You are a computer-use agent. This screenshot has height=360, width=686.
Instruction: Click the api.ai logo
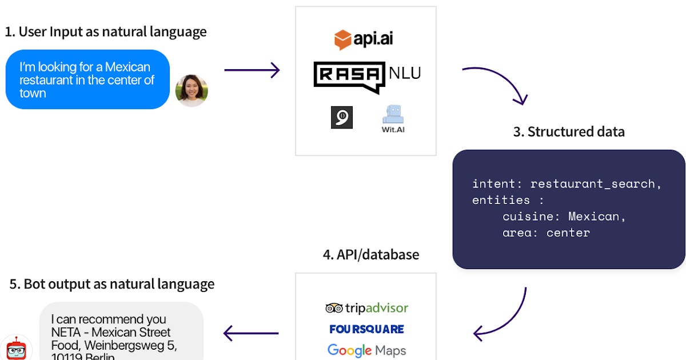[x=364, y=39]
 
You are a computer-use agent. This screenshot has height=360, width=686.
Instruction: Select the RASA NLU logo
[x=367, y=77]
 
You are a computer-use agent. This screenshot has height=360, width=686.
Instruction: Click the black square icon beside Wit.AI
[x=341, y=117]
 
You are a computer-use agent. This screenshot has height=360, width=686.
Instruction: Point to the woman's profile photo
[x=192, y=91]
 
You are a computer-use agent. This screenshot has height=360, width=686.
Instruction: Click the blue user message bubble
[x=87, y=80]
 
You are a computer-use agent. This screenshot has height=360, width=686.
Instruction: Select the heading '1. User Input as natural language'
[x=106, y=32]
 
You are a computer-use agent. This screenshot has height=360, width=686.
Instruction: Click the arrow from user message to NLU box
[x=252, y=70]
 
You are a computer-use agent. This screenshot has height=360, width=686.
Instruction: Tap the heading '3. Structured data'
[x=568, y=132]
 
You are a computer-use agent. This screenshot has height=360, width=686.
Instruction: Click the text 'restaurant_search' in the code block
[x=595, y=184]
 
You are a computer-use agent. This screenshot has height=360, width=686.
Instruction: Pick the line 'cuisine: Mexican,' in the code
[x=564, y=217]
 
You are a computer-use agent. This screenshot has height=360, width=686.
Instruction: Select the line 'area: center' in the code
[x=546, y=233]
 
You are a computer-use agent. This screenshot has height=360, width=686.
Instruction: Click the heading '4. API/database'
[x=370, y=254]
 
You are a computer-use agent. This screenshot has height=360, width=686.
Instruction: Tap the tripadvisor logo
[x=366, y=308]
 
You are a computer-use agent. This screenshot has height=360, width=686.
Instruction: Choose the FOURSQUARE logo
[x=366, y=329]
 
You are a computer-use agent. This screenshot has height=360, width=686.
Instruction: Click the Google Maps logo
[x=366, y=350]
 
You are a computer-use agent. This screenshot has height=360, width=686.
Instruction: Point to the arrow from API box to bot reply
[x=250, y=333]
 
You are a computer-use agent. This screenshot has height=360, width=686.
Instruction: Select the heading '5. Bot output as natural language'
[x=112, y=284]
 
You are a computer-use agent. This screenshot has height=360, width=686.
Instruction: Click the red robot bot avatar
[x=15, y=348]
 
